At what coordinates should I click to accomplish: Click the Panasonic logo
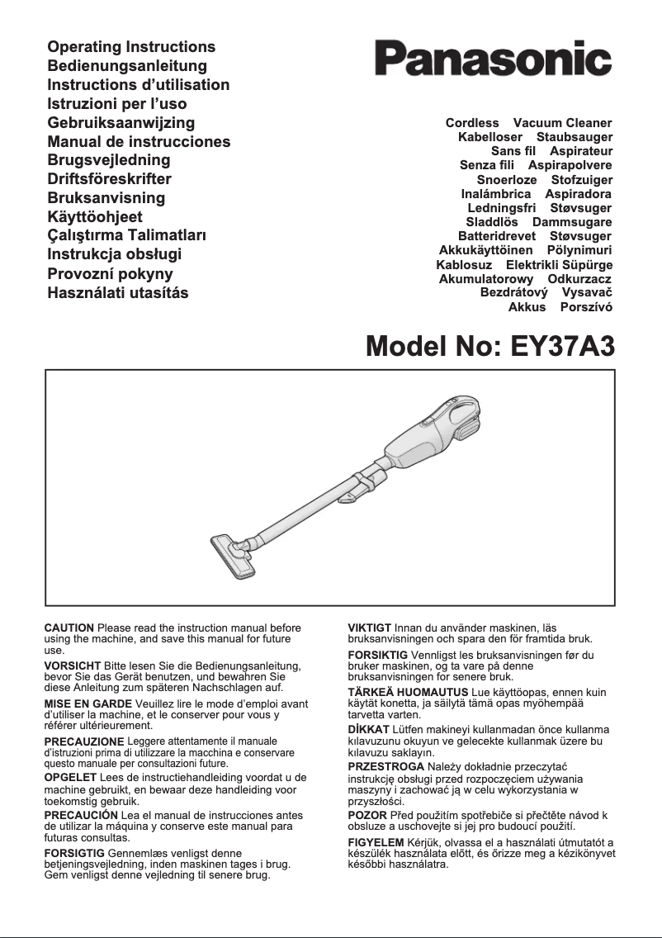click(493, 59)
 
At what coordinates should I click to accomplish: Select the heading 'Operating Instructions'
click(131, 47)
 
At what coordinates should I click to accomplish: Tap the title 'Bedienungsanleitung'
click(127, 66)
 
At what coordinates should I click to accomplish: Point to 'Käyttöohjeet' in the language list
click(95, 217)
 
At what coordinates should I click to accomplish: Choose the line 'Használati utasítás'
click(118, 293)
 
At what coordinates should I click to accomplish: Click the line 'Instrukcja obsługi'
click(114, 254)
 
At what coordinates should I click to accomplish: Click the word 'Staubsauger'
click(575, 136)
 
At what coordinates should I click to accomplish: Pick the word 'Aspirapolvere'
click(570, 165)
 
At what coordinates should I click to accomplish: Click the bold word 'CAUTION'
click(69, 629)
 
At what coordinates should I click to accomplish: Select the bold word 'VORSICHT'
click(72, 666)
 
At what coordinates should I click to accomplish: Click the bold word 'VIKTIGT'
click(371, 629)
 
